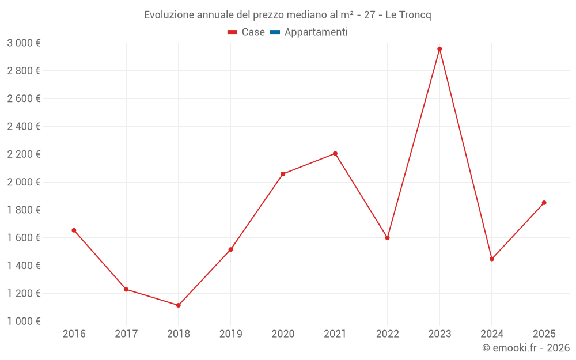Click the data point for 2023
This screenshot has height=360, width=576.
[x=439, y=49]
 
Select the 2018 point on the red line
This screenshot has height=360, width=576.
[x=179, y=305]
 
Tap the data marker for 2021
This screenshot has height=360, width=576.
[x=335, y=154]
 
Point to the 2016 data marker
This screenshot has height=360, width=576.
[x=74, y=230]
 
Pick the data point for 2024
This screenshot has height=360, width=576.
[x=492, y=259]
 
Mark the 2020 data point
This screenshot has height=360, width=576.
[x=283, y=174]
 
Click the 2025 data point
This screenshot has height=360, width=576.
[x=544, y=203]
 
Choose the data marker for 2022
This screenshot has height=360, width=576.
[x=387, y=238]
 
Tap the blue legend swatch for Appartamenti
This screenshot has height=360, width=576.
[x=275, y=32]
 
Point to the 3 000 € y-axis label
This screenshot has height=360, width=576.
[x=24, y=43]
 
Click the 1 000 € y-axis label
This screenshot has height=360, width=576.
[x=24, y=321]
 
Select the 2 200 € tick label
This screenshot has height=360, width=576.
[x=24, y=154]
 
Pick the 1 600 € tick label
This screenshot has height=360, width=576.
[x=24, y=238]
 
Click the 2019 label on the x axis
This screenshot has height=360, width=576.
[x=230, y=334]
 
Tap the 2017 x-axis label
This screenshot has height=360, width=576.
[x=126, y=334]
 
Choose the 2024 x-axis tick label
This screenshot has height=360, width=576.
[x=492, y=334]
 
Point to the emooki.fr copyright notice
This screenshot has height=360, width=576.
[x=526, y=348]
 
